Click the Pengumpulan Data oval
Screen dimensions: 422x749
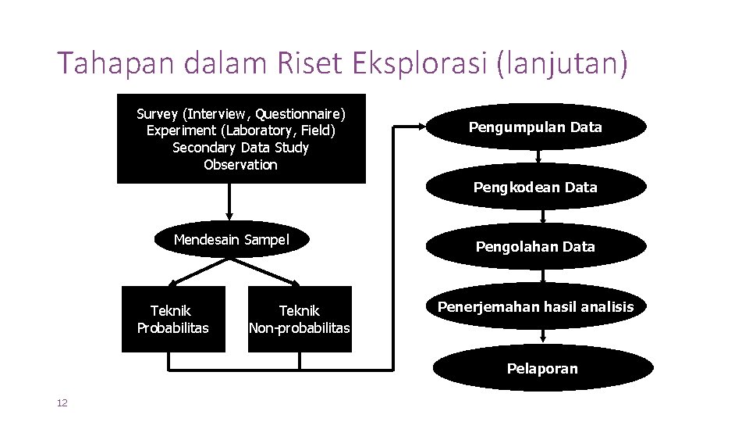coord(535,127)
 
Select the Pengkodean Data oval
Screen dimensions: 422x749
coord(535,187)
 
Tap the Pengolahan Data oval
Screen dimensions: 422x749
coord(535,246)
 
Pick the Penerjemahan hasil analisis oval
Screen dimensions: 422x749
coord(535,307)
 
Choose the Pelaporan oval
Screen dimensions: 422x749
coord(542,368)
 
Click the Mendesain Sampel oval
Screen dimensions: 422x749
coord(231,240)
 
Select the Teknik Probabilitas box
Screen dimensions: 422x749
coord(173,320)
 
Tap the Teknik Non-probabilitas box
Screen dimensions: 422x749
coord(300,320)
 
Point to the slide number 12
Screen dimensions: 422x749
coord(62,402)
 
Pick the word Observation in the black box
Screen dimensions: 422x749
coord(240,165)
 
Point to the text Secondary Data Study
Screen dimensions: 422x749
coord(240,148)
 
